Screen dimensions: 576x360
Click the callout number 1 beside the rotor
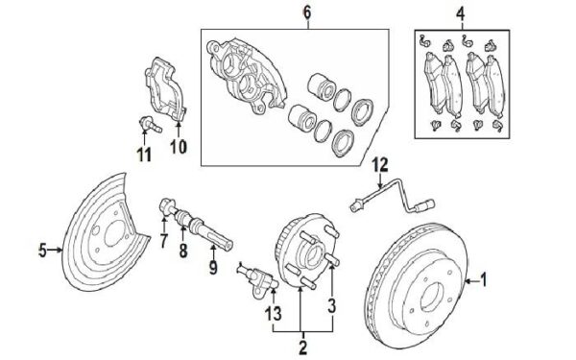click(484, 280)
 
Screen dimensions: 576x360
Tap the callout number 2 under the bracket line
click(303, 348)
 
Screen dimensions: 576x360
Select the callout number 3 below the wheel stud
click(332, 306)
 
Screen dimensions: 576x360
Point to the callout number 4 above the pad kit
click(461, 14)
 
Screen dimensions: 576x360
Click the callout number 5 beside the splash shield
click(43, 251)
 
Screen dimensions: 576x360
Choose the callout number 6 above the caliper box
click(307, 12)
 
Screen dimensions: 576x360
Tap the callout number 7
click(164, 241)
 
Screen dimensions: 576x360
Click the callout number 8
click(183, 251)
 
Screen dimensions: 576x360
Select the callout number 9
click(213, 267)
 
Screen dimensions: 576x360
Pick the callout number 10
click(179, 147)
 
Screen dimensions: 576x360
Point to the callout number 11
click(144, 155)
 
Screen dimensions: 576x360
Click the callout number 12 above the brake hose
click(380, 165)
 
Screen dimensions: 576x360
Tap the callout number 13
click(274, 314)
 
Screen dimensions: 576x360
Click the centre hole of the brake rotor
click(432, 298)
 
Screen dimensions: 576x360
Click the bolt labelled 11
click(151, 124)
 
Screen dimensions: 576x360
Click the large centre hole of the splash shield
click(113, 234)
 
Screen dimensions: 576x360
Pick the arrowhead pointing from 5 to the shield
click(60, 250)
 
